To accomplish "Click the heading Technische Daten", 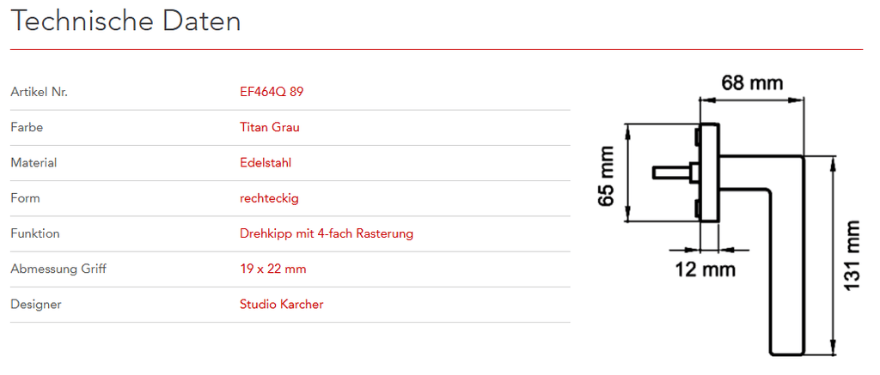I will pos(126,21).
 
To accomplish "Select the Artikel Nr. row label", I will pos(39,92).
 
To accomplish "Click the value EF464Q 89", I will pos(272,92).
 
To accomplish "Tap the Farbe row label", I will pos(27,127).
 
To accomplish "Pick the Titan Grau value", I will pos(270,127).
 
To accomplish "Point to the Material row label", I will pos(34,162).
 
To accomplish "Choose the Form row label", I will pos(25,198).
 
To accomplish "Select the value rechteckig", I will pos(269,198).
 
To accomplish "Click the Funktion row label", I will pos(35,233).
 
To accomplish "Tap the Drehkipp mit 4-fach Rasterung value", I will pos(327,233).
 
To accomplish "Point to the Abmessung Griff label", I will pos(58,269).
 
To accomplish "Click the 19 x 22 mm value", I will pos(273,269).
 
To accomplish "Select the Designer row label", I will pos(36,304).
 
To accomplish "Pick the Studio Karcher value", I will pos(282,304).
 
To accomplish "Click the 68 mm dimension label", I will pos(752,83).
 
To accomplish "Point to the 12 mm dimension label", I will pos(706,269).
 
